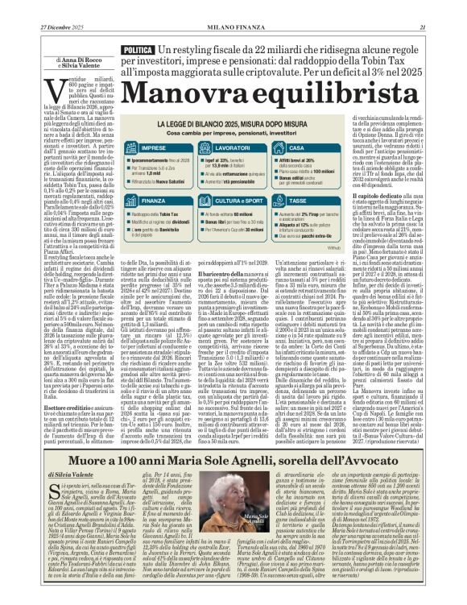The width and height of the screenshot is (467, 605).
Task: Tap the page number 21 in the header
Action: pos(444,27)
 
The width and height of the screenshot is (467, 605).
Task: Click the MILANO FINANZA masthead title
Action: pos(233,27)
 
